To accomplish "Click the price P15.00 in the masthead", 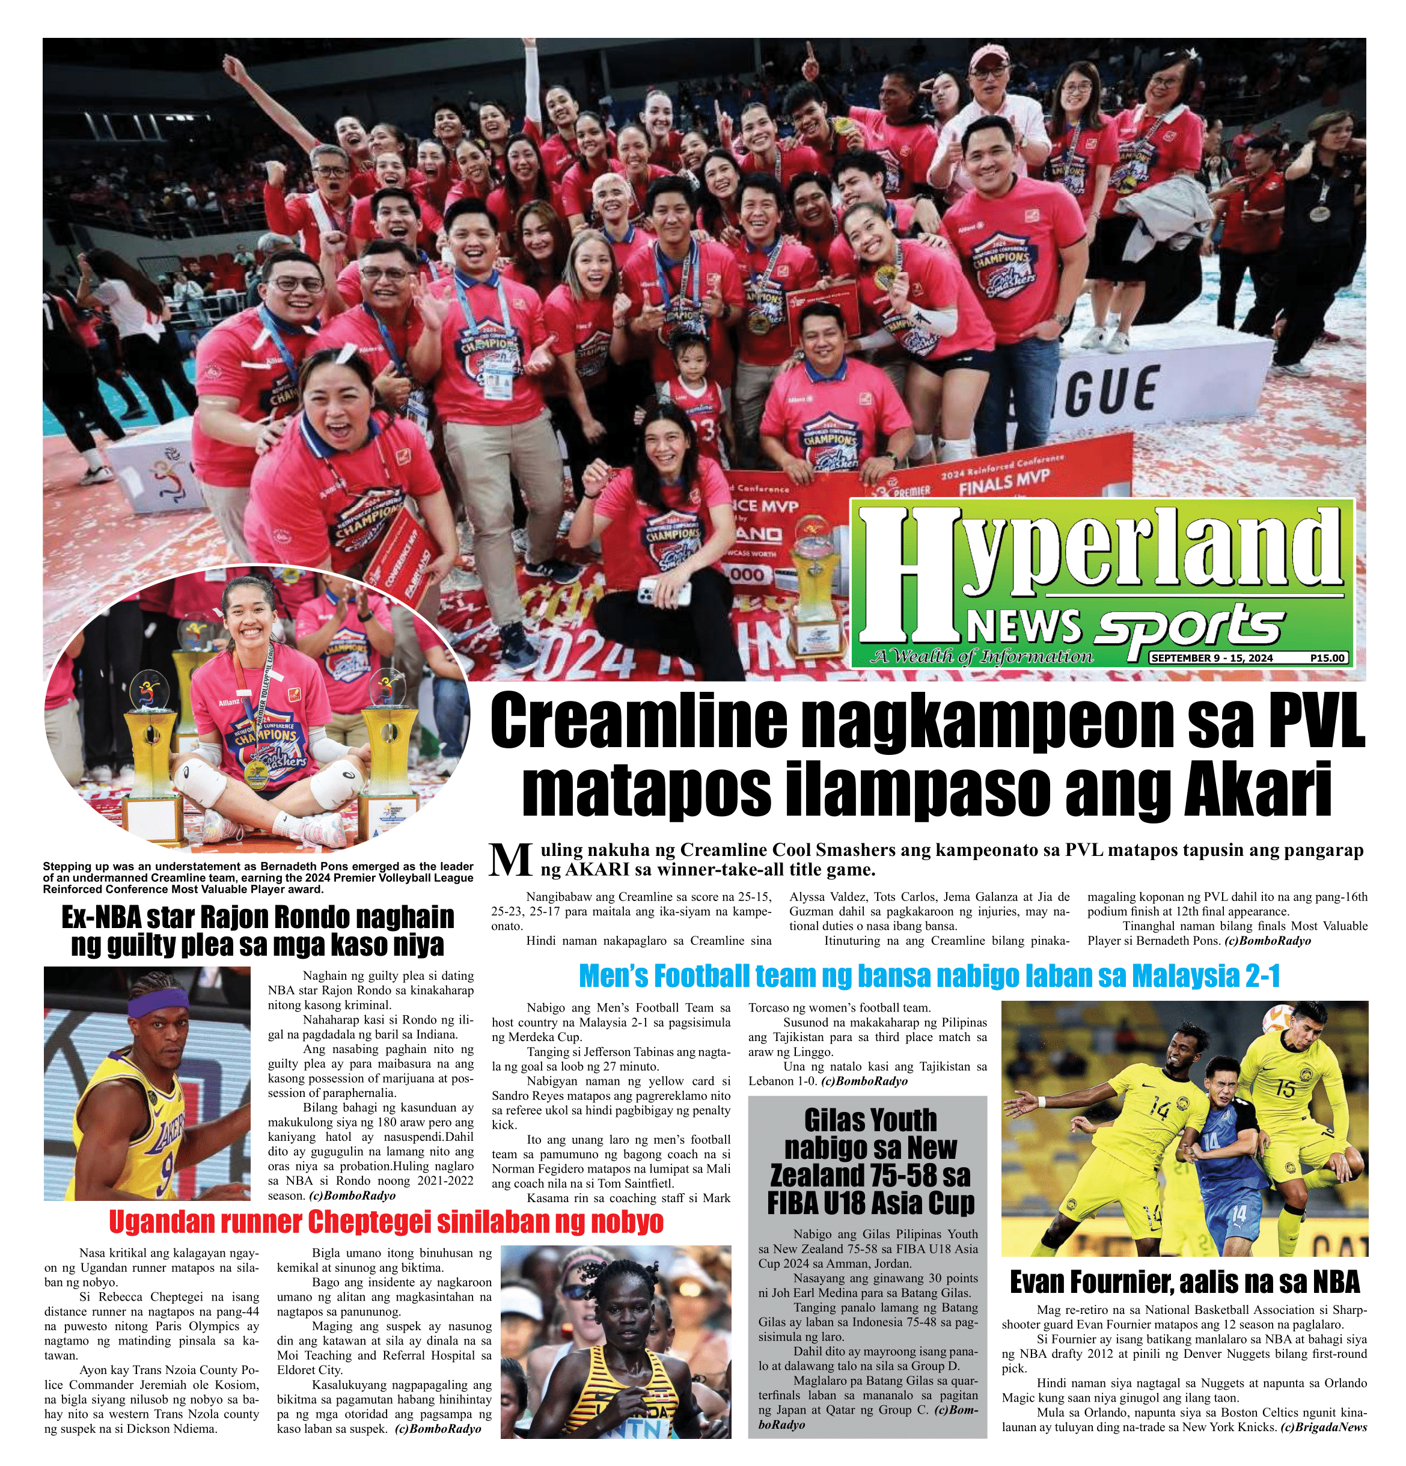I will [x=1327, y=658].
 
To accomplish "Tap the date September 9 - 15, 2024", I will [x=1212, y=658].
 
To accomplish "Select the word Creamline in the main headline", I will [x=640, y=722].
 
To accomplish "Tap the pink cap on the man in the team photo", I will [x=989, y=55].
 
